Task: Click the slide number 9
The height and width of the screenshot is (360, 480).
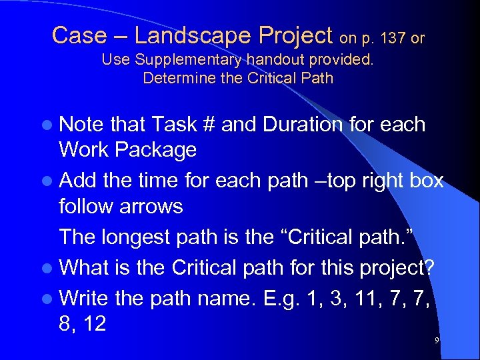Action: pyautogui.click(x=437, y=341)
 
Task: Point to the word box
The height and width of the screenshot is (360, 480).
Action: pyautogui.click(x=426, y=181)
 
